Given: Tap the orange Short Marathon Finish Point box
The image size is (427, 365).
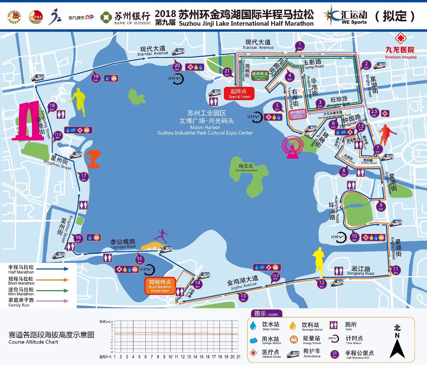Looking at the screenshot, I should [160, 286].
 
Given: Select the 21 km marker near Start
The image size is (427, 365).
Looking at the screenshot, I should [227, 72].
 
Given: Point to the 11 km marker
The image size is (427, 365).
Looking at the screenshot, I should [396, 270].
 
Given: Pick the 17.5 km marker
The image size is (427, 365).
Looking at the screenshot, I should [58, 136].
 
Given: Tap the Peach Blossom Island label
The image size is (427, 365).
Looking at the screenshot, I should [246, 168].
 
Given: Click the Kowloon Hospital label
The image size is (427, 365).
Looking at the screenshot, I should [400, 53].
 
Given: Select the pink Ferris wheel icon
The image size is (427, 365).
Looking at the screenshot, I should [293, 147].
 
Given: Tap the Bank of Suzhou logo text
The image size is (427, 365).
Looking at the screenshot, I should [132, 18].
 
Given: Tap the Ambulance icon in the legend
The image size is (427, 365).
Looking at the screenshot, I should [293, 354].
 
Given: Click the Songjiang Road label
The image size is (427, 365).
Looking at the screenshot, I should [361, 270].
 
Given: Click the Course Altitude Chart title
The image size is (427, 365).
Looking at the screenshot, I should [51, 337].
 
